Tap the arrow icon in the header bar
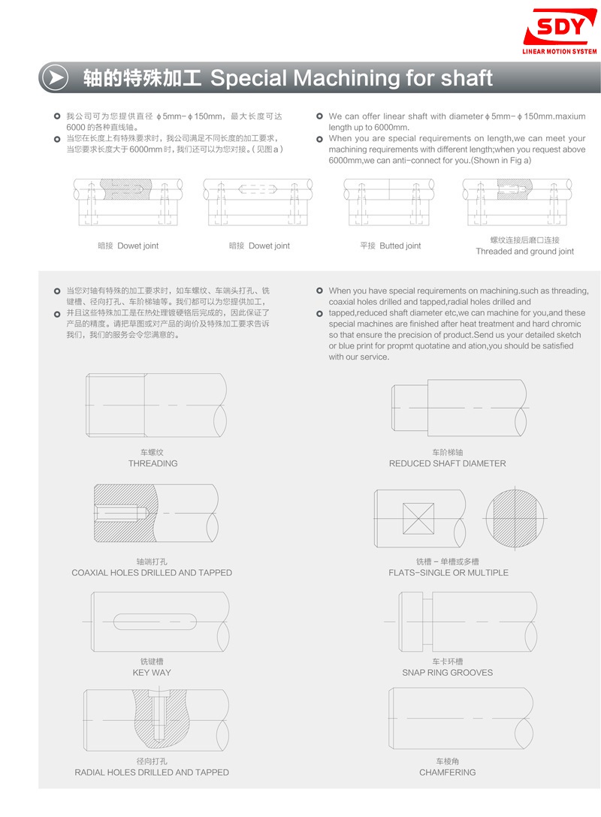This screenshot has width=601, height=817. (55, 77)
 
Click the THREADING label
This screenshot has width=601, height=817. (153, 463)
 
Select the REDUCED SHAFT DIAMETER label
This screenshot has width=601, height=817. (447, 463)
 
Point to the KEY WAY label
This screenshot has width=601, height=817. (152, 672)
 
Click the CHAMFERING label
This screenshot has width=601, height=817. (447, 772)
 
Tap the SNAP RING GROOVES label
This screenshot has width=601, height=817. (447, 672)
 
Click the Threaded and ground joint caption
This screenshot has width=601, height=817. (524, 252)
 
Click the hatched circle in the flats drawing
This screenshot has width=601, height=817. (513, 518)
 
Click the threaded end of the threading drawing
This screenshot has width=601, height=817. (116, 406)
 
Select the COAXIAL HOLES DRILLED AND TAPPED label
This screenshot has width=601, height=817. (152, 572)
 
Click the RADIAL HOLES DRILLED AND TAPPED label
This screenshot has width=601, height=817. (152, 772)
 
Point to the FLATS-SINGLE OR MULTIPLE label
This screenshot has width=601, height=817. (448, 572)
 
